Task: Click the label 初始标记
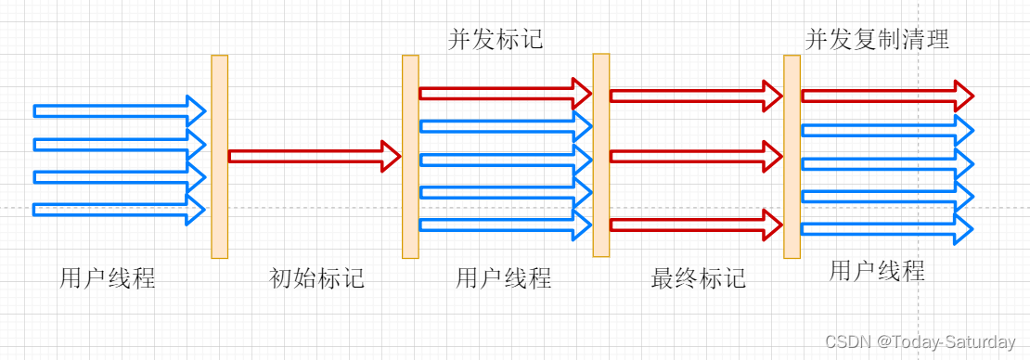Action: pyautogui.click(x=316, y=277)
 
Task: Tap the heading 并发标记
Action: pyautogui.click(x=496, y=39)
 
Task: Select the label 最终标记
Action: pyautogui.click(x=698, y=277)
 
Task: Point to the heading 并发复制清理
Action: pyautogui.click(x=877, y=39)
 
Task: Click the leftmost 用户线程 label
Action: pyautogui.click(x=108, y=277)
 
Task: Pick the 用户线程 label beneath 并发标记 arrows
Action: pyautogui.click(x=504, y=277)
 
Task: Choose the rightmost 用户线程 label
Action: pyautogui.click(x=877, y=271)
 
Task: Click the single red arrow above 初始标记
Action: pyautogui.click(x=314, y=156)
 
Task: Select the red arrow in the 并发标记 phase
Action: pyautogui.click(x=505, y=93)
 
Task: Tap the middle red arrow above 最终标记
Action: pyautogui.click(x=696, y=156)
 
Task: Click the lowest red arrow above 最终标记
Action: pyautogui.click(x=696, y=224)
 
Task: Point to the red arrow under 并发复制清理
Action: pyautogui.click(x=886, y=95)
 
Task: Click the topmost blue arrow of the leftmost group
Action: pyautogui.click(x=119, y=110)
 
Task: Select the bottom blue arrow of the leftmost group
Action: pyautogui.click(x=119, y=210)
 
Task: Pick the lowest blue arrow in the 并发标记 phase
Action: pyautogui.click(x=505, y=225)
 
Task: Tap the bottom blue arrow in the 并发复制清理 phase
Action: pyautogui.click(x=886, y=228)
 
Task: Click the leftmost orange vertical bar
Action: pyautogui.click(x=219, y=156)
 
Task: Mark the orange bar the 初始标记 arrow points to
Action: pyautogui.click(x=410, y=156)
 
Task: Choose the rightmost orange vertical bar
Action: pyautogui.click(x=792, y=156)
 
